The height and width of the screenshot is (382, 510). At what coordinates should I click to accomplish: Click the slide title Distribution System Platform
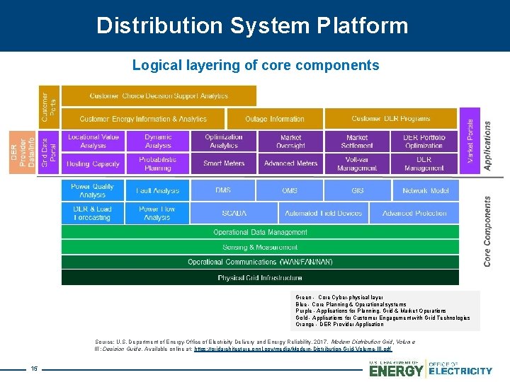point(252,26)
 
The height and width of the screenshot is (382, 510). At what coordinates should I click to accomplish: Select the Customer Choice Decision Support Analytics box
point(159,95)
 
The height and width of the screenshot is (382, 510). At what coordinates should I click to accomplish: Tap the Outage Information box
point(275,119)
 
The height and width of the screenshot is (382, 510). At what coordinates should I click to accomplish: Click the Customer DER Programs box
point(390,118)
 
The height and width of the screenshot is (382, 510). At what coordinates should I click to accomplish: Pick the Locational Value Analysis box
point(93,141)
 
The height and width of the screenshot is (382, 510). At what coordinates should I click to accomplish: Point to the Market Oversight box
point(290,141)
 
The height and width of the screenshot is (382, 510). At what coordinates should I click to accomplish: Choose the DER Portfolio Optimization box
point(424,141)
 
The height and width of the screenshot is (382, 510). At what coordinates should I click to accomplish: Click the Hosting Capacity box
point(93,163)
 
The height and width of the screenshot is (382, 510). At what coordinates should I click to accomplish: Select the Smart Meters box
point(223,163)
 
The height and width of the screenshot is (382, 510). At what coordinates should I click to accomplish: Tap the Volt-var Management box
point(357,163)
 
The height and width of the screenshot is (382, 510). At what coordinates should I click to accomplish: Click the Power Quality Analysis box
point(92,190)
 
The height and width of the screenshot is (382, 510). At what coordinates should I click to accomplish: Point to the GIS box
point(357,190)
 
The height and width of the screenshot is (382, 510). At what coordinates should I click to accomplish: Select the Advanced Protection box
point(414,213)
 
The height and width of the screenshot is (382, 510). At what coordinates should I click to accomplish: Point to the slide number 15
point(33,368)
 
